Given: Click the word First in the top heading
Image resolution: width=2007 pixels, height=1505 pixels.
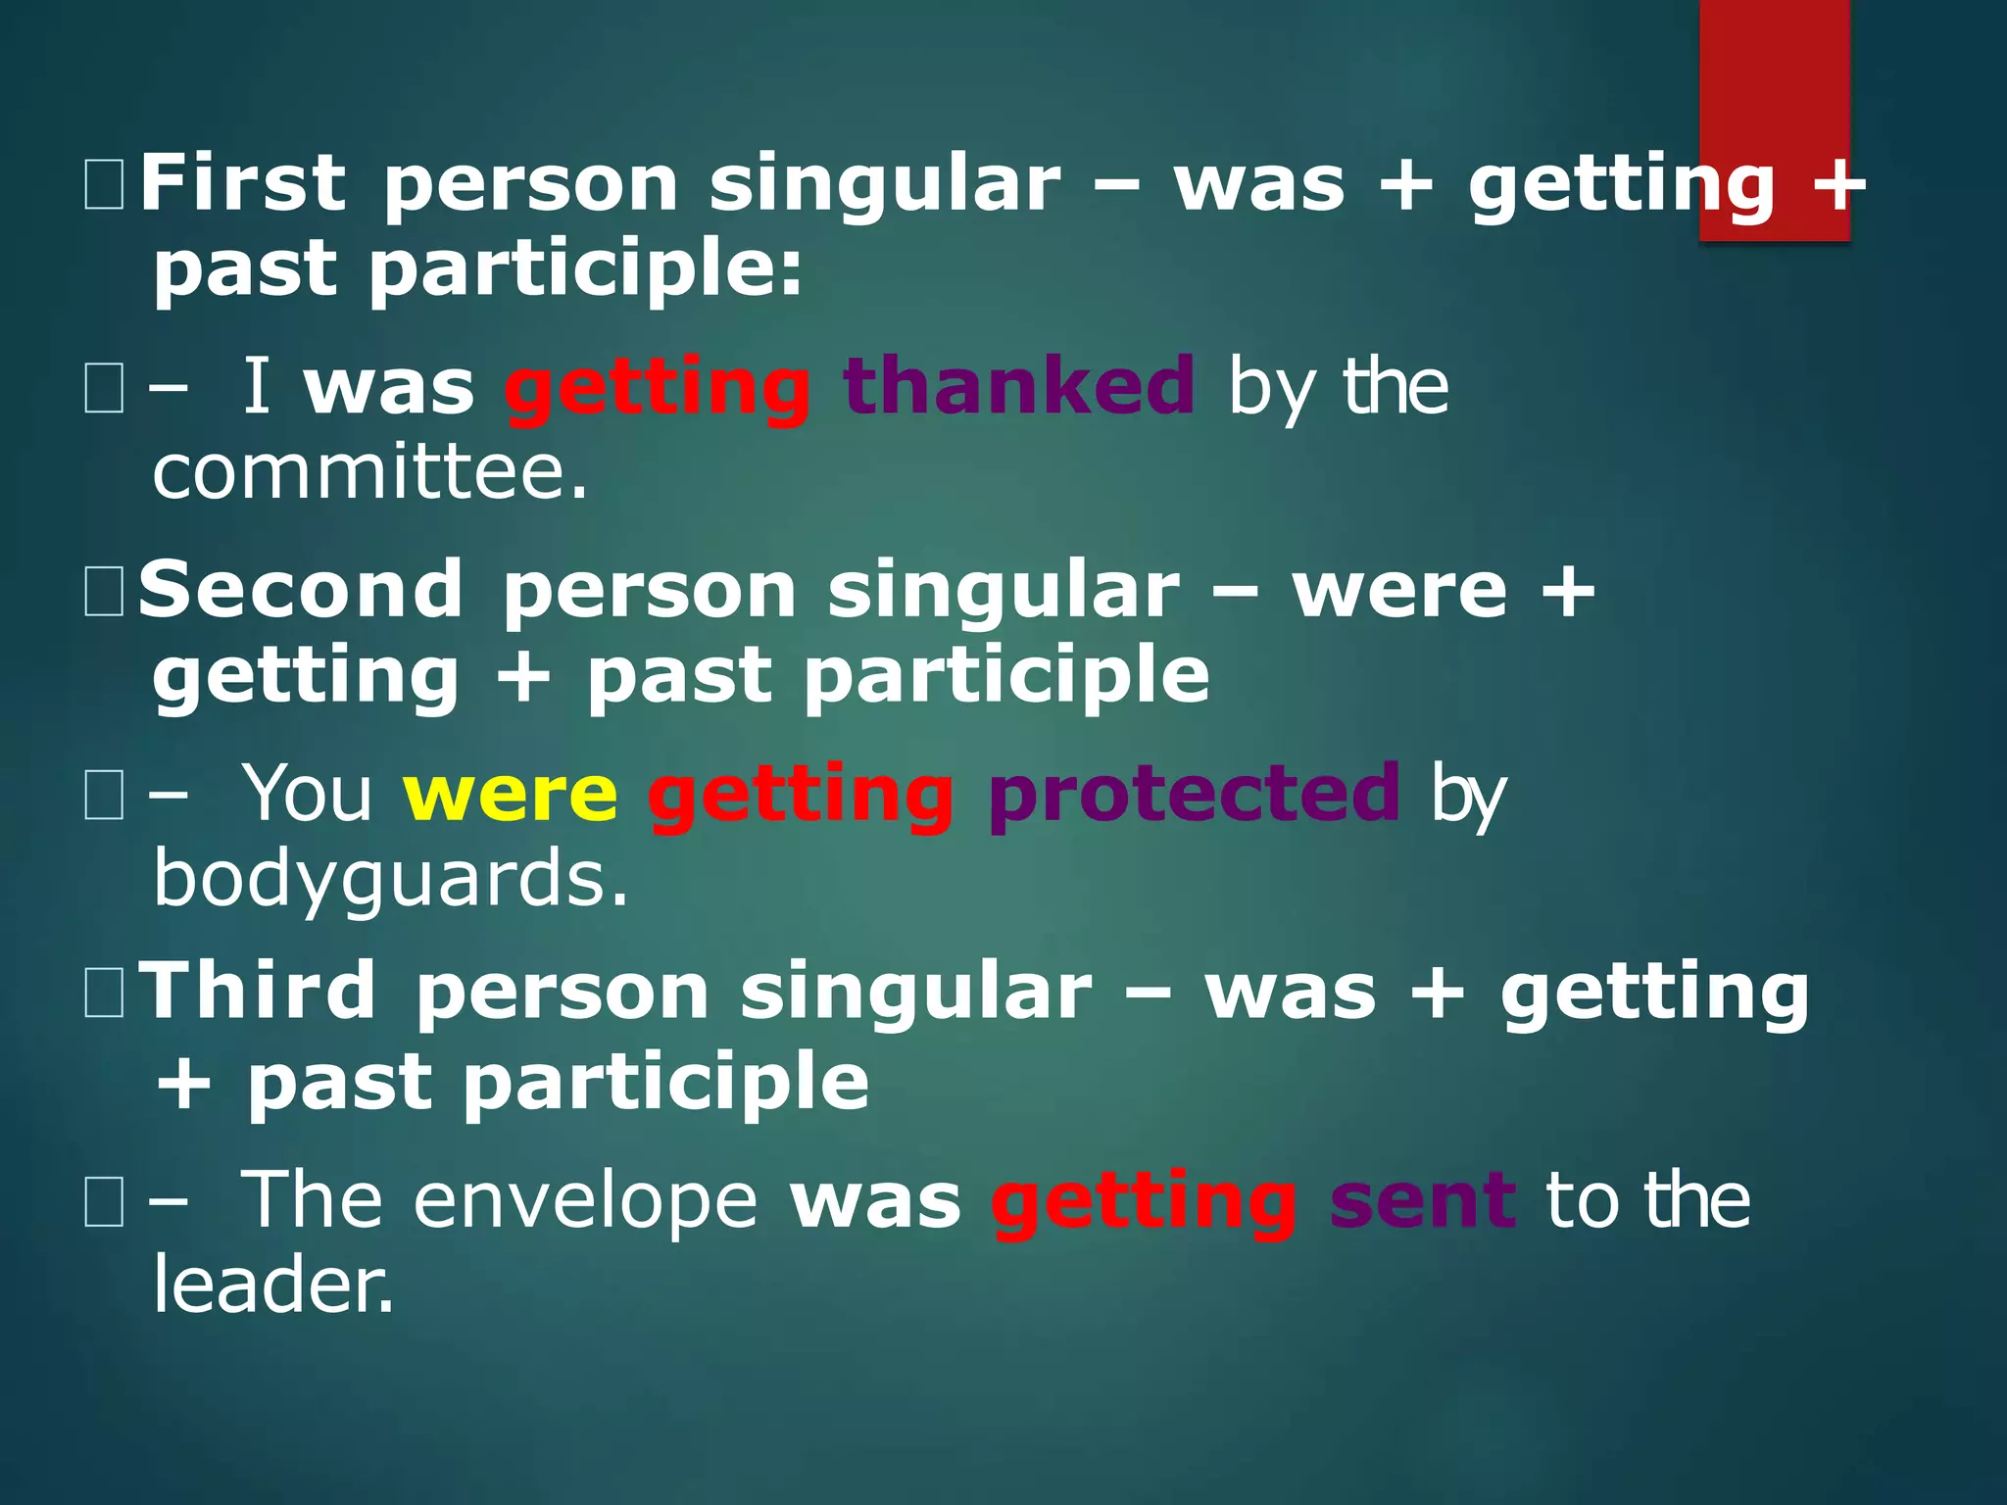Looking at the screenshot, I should (x=242, y=183).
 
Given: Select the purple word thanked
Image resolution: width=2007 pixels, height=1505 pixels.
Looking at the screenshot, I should (x=1018, y=386).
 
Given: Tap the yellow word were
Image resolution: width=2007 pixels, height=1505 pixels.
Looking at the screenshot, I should (x=511, y=794).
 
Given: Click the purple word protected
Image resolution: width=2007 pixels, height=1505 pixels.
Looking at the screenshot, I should (x=1195, y=794).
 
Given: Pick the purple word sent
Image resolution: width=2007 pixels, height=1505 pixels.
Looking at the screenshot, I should (x=1423, y=1201).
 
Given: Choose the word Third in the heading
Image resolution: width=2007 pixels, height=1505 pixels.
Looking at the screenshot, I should (x=259, y=992).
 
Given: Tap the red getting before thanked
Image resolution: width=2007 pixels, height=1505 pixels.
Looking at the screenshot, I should (x=658, y=389).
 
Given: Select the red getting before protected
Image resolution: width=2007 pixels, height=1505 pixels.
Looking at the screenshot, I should (x=801, y=796).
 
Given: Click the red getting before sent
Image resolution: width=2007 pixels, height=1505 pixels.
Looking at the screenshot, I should (x=1144, y=1203).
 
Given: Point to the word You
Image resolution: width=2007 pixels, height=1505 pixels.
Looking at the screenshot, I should (x=307, y=794).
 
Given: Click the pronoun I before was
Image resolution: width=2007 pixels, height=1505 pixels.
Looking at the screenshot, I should (x=256, y=386).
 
